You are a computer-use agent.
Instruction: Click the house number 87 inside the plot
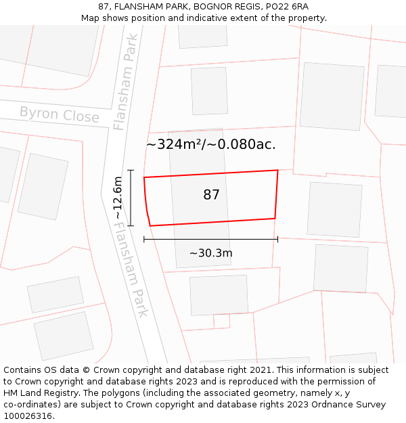point(211,195)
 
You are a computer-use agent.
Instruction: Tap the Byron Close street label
point(59,114)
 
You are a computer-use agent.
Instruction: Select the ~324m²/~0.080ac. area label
point(211,144)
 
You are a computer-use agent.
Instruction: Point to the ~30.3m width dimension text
point(211,253)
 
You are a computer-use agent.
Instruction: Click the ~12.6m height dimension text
point(118,198)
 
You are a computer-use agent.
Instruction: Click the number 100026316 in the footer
point(29,416)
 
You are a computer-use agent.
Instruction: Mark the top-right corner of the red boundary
point(277,171)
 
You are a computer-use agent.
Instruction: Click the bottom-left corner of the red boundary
point(150,225)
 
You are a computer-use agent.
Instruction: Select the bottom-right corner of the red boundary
point(275,218)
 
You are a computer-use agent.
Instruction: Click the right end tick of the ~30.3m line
point(277,239)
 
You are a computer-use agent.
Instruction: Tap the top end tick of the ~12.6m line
point(131,171)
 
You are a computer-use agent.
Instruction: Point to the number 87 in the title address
point(104,7)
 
